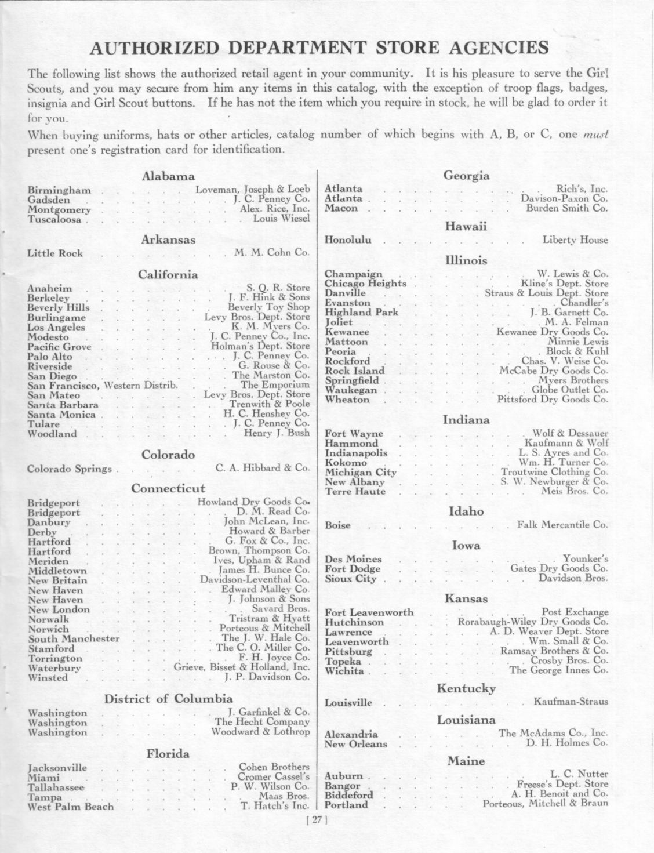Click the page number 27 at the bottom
coord(316,820)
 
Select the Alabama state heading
coord(168,177)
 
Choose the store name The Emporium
coord(275,385)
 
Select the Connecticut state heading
coord(168,489)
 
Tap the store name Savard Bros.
coord(281,609)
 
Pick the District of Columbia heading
coord(168,699)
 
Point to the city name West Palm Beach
coord(71,807)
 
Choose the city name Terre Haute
coord(355,492)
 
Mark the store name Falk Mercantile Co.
coord(562,525)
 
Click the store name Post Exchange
coord(575,612)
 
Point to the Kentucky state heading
coord(466,689)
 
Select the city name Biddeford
coord(349,795)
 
